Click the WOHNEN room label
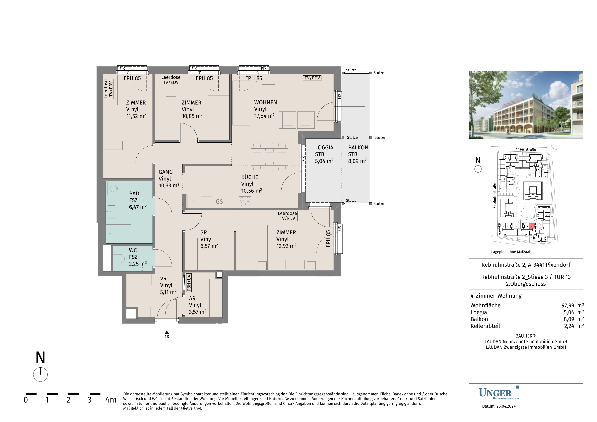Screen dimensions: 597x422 point(265,103)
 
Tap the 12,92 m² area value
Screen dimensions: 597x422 point(286,246)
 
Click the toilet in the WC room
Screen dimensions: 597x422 point(119,258)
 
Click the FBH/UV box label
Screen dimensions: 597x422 point(189,282)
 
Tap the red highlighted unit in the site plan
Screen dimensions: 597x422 point(533,226)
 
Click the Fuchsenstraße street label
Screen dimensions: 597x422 point(524,149)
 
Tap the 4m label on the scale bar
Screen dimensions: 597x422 point(111,400)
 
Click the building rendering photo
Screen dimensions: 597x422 point(526,105)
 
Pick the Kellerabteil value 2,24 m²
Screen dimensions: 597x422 point(574,326)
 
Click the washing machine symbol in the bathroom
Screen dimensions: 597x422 point(114,188)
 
